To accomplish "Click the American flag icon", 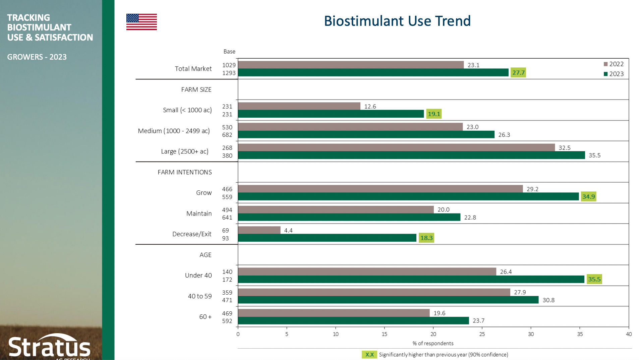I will pos(141,22).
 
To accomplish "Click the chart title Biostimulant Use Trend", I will pos(397,21).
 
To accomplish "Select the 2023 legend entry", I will pos(614,74).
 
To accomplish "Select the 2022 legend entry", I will pos(614,64).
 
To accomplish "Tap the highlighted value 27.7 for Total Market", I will pos(518,73).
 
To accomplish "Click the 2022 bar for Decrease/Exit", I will pos(259,230).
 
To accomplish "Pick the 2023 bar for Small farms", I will pos(331,114).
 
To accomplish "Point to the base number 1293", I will pos(229,73).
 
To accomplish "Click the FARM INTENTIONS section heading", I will pos(185,172).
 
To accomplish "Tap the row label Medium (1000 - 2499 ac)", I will pos(174,131).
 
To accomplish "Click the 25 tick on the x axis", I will pos(482,334).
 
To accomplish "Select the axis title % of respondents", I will pos(433,343).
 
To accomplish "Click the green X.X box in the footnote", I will pos(369,355).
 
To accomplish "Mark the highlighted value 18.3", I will pos(426,238).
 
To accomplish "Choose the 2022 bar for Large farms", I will pos(396,147).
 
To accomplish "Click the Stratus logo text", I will pos(50,347).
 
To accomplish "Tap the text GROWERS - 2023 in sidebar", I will pos(37,57).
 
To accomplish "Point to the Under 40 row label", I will pos(198,276).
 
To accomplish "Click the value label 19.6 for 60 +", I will pos(439,313).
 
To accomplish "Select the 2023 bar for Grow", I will pos(408,197).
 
